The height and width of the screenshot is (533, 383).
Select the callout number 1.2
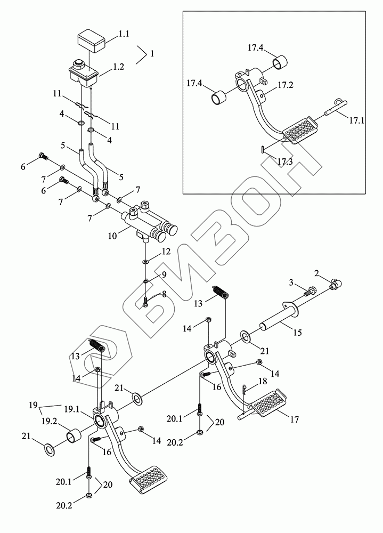[x=119, y=68]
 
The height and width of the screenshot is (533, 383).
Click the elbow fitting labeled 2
[x=336, y=283]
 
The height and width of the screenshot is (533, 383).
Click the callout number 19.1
[x=72, y=409]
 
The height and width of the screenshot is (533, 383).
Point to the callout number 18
[x=262, y=382]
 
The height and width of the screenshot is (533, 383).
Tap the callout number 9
[x=164, y=274]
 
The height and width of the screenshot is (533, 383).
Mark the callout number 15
[x=297, y=333]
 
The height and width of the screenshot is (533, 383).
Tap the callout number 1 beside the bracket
[x=152, y=53]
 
